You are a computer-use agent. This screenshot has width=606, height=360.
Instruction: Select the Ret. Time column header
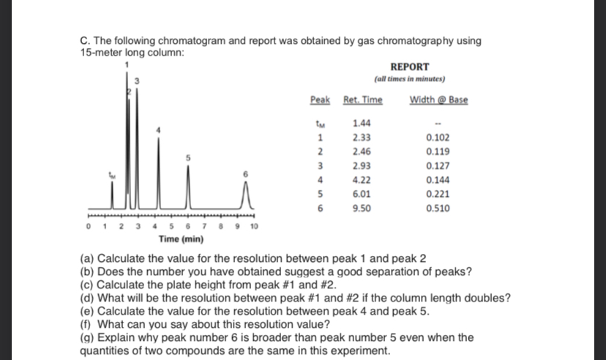pos(362,100)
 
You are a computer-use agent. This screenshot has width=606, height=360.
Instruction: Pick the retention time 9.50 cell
pos(360,208)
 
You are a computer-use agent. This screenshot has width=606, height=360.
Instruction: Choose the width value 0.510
pos(438,208)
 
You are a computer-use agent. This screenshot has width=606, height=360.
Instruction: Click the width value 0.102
pos(438,138)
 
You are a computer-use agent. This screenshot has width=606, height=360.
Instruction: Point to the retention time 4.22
pos(360,180)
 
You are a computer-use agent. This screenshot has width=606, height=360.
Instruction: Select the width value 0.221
pos(438,194)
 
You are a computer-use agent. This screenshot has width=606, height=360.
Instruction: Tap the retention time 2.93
pos(360,166)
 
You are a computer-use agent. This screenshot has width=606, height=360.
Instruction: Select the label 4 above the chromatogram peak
pos(154,129)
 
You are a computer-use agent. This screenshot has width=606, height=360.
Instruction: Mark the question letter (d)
pos(86,297)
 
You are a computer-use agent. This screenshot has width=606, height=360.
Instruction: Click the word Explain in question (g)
pos(115,337)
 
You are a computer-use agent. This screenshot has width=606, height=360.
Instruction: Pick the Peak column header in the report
pos(319,100)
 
